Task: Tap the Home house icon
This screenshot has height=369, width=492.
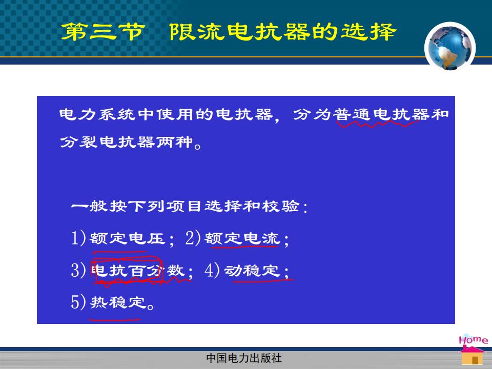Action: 473,350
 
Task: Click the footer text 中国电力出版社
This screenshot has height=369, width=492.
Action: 244,358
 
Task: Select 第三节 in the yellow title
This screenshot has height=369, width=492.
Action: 103,32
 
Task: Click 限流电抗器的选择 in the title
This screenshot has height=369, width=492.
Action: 283,32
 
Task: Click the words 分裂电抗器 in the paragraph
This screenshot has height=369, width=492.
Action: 107,142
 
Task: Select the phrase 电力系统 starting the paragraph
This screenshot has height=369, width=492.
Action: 98,114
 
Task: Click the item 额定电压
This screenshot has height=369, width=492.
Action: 127,238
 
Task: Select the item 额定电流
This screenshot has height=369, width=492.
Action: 242,238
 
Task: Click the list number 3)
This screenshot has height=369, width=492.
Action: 78,270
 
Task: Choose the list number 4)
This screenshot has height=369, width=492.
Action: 212,270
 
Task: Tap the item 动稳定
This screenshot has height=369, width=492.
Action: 252,271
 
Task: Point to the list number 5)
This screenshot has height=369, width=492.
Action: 78,302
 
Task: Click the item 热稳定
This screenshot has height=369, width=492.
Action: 118,302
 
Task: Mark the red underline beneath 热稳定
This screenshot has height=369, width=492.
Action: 115,320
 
